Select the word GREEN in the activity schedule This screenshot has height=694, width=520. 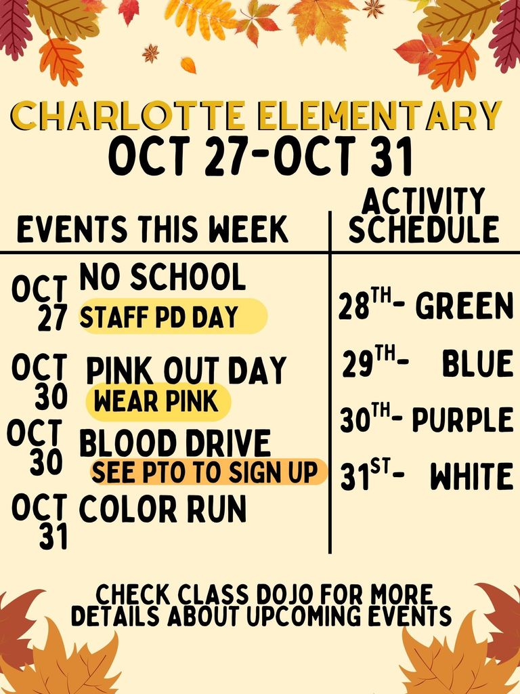tap(464, 306)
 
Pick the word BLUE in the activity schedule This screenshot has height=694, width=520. tap(477, 365)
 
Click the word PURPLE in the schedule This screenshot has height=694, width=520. tap(462, 421)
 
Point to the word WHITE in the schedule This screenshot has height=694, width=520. tap(472, 478)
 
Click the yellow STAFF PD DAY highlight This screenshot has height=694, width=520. tap(172, 317)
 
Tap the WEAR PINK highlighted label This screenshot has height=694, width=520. tap(157, 401)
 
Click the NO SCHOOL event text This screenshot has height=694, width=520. tap(162, 277)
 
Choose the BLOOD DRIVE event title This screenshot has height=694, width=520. tap(175, 445)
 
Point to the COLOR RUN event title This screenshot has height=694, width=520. tap(162, 509)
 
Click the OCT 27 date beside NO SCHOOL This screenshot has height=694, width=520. tap(41, 302)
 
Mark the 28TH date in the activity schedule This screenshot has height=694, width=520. tap(364, 306)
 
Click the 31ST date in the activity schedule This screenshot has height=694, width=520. tap(366, 476)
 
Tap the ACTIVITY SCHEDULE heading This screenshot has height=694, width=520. tap(424, 216)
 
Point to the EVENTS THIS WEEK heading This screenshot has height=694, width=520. tap(153, 230)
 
